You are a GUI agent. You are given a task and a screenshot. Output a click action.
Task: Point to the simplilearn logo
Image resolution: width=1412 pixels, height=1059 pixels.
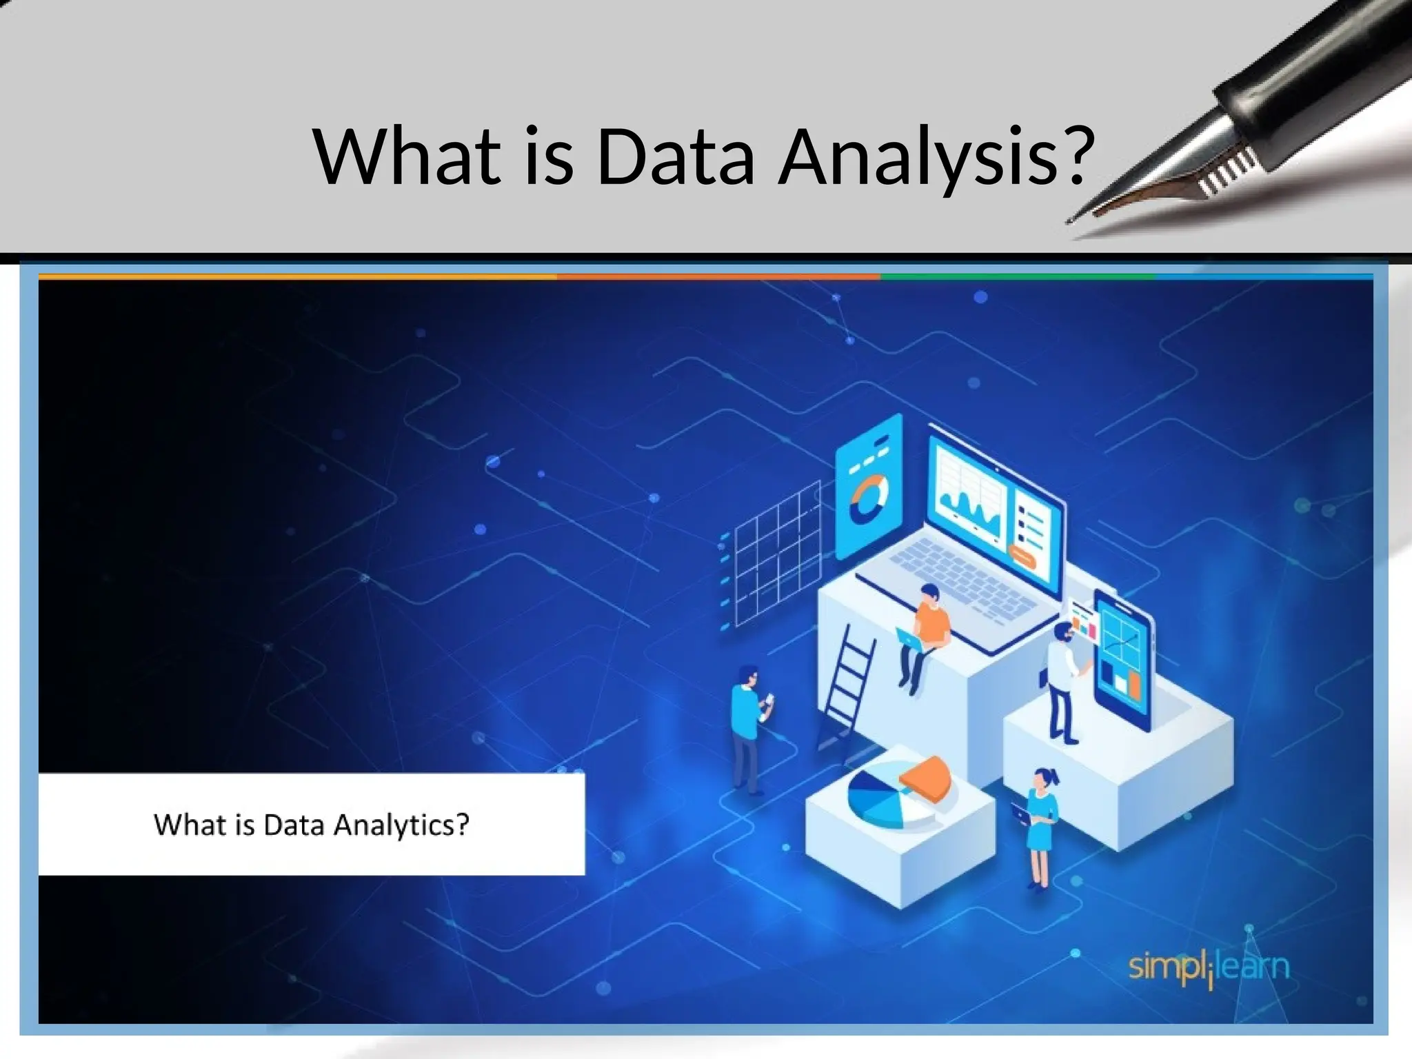click(x=1208, y=967)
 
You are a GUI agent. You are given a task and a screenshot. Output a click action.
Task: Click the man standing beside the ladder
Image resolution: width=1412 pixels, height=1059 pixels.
click(x=748, y=727)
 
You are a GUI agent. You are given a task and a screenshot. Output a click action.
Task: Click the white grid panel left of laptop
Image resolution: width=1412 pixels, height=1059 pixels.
click(x=776, y=552)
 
